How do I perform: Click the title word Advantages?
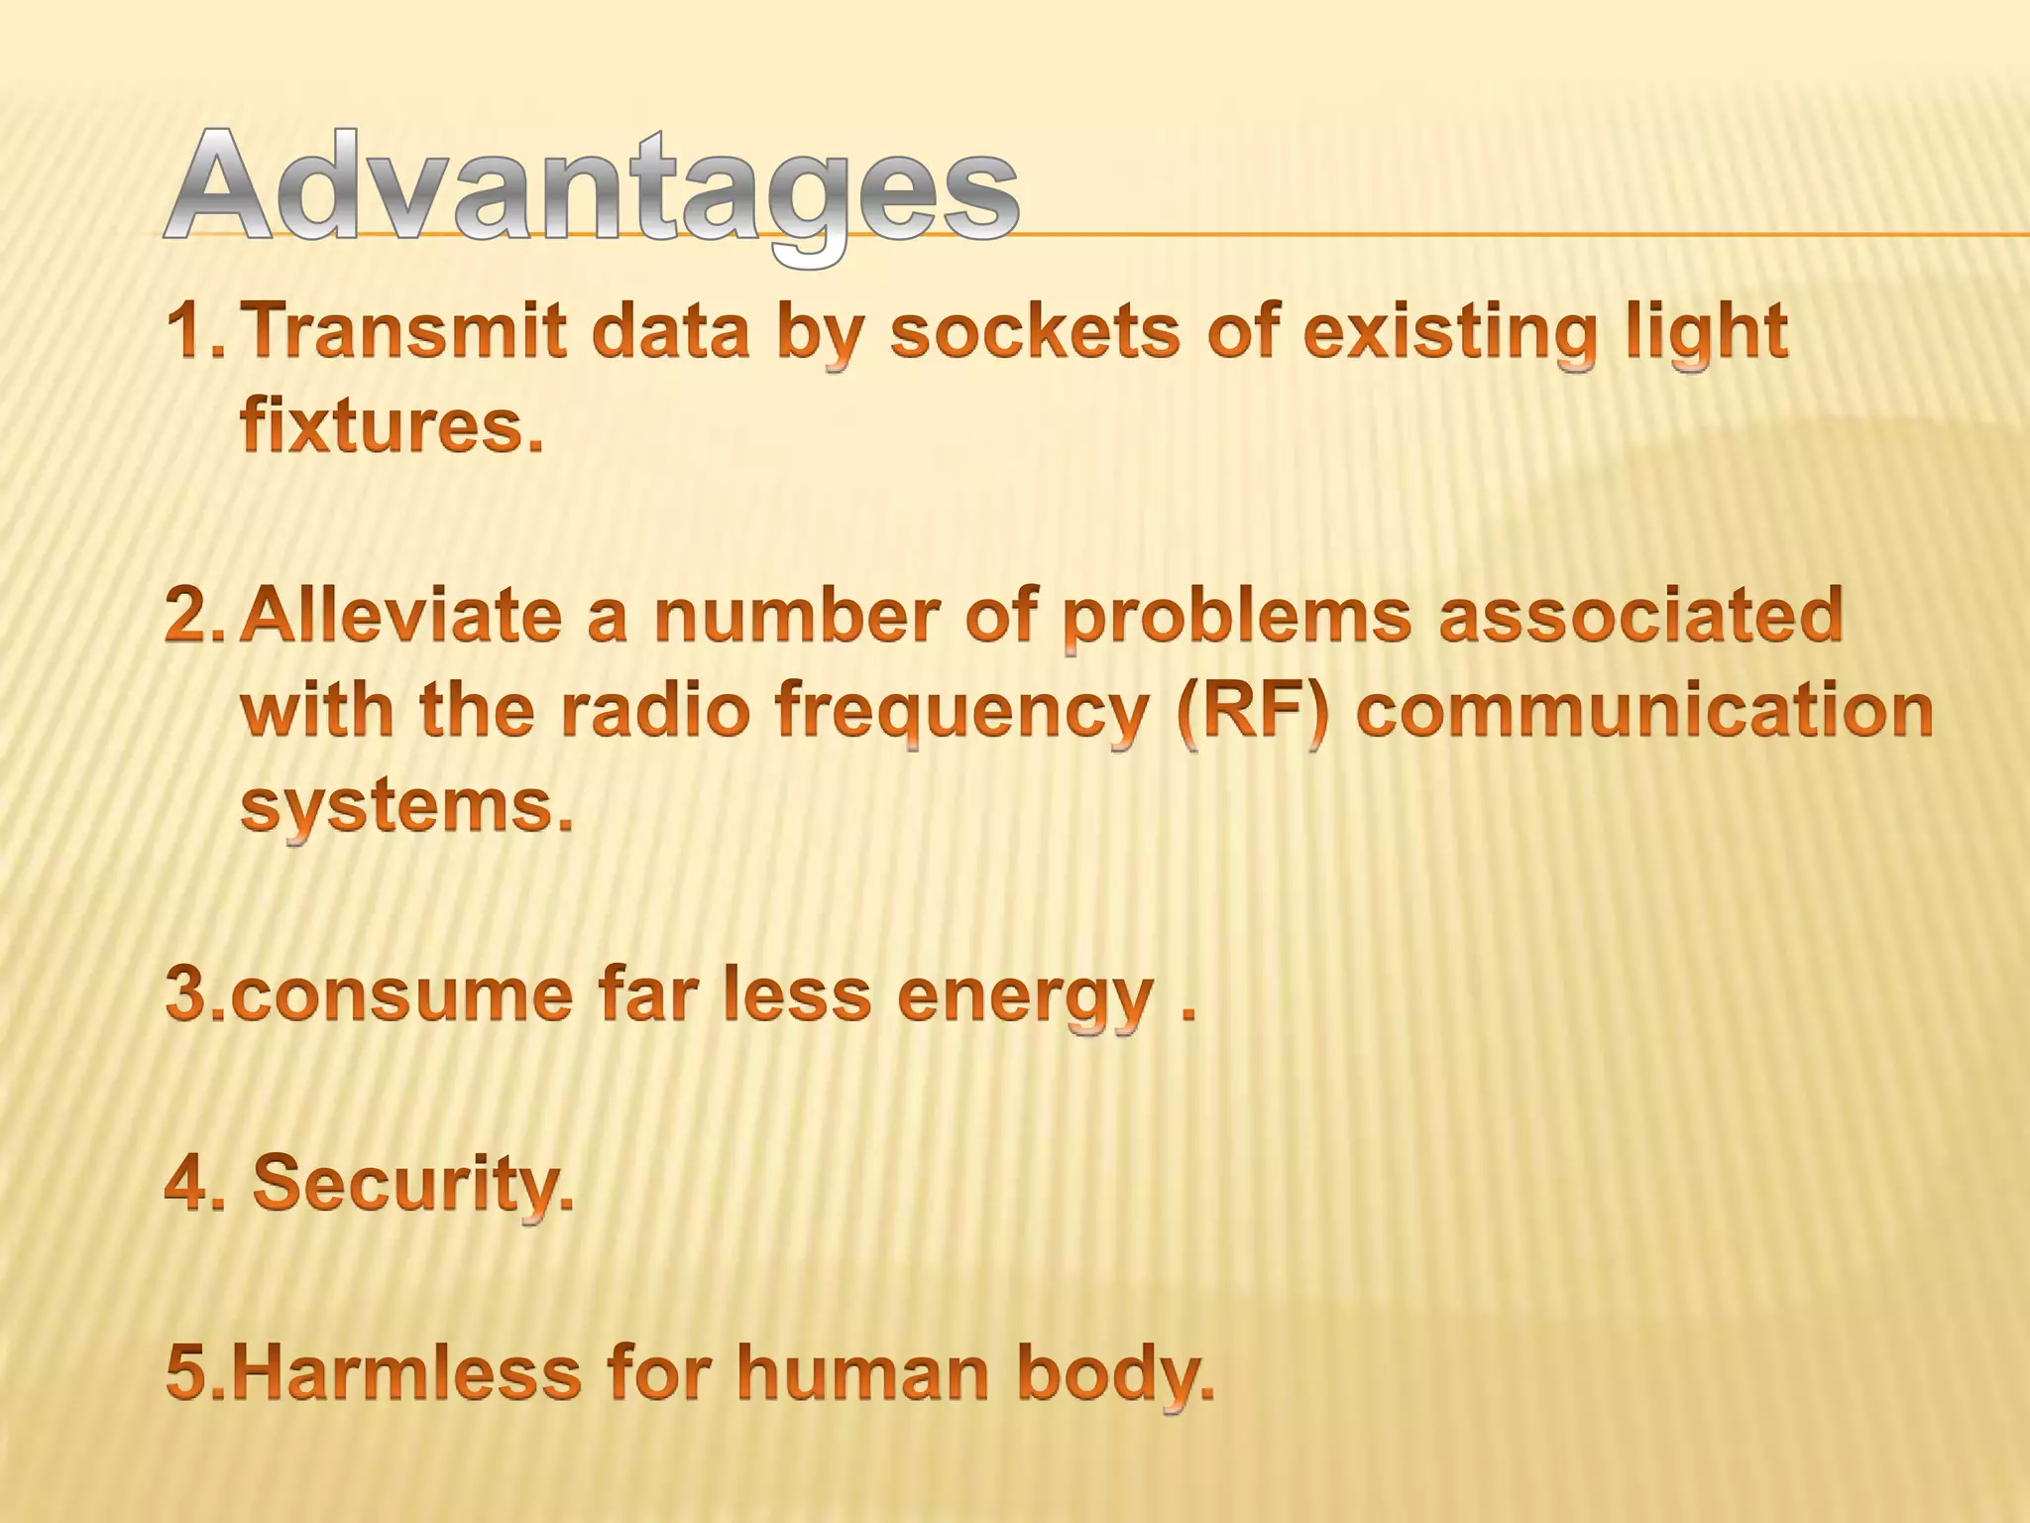point(592,188)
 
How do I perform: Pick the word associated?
point(1640,615)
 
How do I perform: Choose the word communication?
point(1644,710)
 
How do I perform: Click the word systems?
point(406,805)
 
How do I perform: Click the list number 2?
point(195,617)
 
